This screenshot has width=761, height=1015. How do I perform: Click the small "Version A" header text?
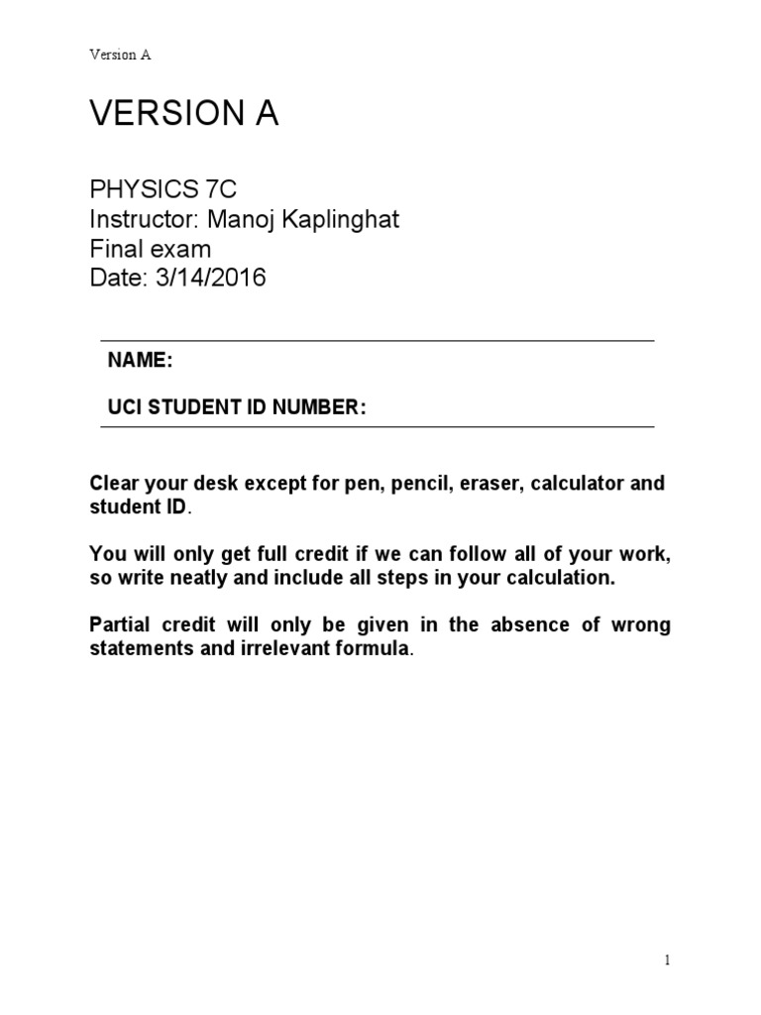click(x=120, y=55)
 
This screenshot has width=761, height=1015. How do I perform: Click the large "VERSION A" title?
click(x=184, y=115)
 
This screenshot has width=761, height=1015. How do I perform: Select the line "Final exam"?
click(x=150, y=248)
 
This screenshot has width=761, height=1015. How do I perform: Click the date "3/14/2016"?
click(x=210, y=278)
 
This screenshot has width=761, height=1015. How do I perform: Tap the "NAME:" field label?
click(x=141, y=361)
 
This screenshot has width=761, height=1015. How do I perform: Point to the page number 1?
click(x=668, y=959)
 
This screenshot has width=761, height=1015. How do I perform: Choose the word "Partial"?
click(x=121, y=625)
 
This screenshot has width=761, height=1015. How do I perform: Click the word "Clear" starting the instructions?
click(x=114, y=485)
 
